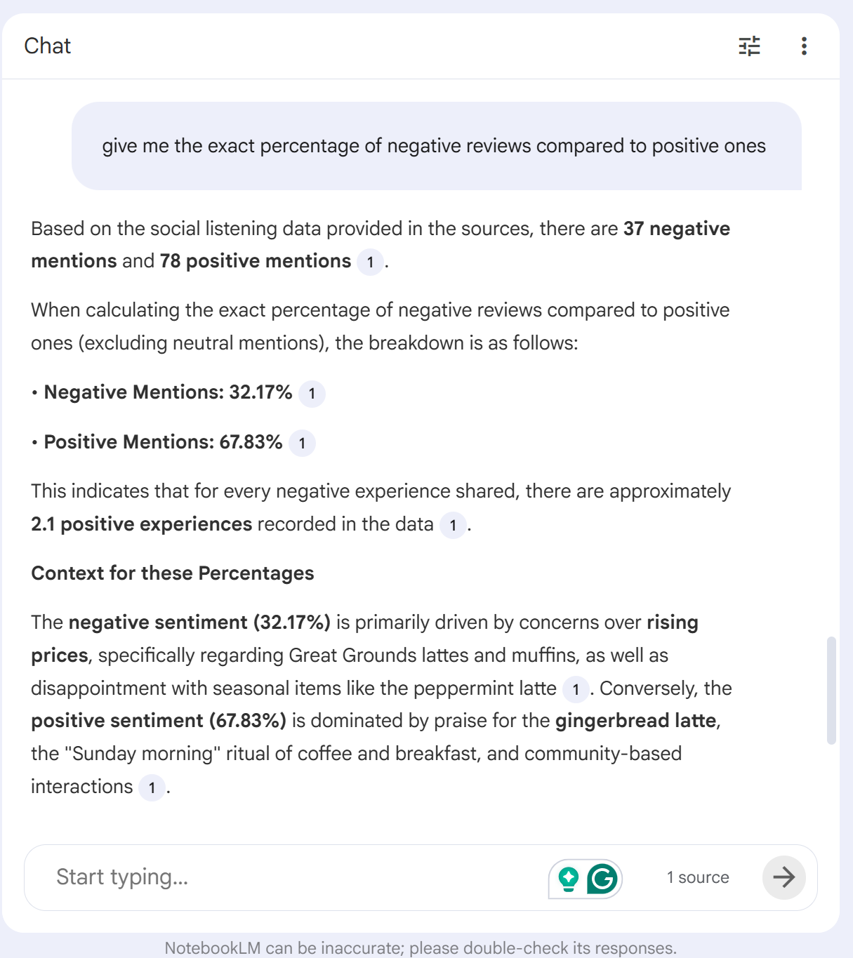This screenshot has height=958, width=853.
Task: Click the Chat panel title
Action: point(47,46)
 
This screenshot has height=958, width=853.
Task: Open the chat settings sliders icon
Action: point(749,46)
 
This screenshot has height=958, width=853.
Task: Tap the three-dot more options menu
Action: point(804,46)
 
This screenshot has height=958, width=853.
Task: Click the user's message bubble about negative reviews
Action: point(435,146)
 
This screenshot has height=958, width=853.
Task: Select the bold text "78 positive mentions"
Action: point(255,261)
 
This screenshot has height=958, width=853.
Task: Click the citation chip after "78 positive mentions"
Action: point(370,262)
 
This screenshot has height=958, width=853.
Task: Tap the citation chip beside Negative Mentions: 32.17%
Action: point(312,394)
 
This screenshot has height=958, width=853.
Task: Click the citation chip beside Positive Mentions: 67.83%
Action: point(302,444)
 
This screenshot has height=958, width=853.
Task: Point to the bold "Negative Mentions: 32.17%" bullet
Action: point(168,392)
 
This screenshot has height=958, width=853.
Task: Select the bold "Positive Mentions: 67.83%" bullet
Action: point(163,442)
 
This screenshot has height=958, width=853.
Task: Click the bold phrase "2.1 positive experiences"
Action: point(141,524)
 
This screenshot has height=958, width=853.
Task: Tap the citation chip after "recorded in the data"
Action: point(453,526)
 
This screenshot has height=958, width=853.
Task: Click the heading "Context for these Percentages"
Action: point(173,573)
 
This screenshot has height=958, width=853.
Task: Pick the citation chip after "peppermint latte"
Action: point(576,689)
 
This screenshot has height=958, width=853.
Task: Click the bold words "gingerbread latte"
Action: point(636,721)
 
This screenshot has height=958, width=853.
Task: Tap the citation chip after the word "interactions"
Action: point(152,787)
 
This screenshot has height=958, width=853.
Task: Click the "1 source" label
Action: point(698,877)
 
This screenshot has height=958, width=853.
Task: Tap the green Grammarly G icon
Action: point(602,878)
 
